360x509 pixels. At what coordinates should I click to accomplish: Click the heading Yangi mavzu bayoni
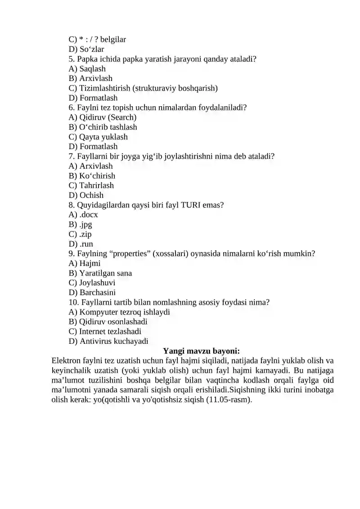201,351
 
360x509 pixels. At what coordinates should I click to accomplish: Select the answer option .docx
83,215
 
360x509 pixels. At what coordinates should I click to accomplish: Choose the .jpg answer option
81,225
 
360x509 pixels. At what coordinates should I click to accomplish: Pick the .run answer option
81,244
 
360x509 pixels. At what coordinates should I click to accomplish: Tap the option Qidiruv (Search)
103,117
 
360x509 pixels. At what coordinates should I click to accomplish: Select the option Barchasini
92,293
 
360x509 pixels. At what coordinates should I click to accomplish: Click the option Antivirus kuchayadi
108,341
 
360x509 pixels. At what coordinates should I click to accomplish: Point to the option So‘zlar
86,49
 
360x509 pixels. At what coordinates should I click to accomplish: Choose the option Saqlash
87,69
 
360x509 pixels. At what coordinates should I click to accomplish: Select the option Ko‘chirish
92,176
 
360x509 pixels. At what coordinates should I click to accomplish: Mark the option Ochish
86,195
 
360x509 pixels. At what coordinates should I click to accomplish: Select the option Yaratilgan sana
100,273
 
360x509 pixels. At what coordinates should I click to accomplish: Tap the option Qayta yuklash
98,137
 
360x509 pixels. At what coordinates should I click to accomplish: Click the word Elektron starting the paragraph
67,361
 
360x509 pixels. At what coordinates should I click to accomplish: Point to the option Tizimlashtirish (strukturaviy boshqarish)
143,88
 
